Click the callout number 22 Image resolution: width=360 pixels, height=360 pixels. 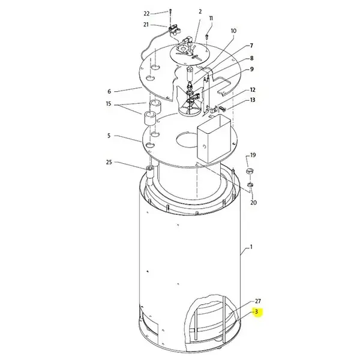(146, 14)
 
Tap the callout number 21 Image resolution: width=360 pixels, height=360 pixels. (146, 25)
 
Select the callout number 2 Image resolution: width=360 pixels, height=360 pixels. (200, 11)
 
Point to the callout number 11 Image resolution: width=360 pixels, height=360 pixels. (211, 19)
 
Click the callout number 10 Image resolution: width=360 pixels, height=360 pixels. (233, 31)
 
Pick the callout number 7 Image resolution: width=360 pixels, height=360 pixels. (251, 46)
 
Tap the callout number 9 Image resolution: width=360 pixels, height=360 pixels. (252, 69)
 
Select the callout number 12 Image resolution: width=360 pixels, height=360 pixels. (253, 90)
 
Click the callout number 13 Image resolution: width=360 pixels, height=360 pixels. (253, 100)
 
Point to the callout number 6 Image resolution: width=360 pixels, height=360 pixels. (109, 91)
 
